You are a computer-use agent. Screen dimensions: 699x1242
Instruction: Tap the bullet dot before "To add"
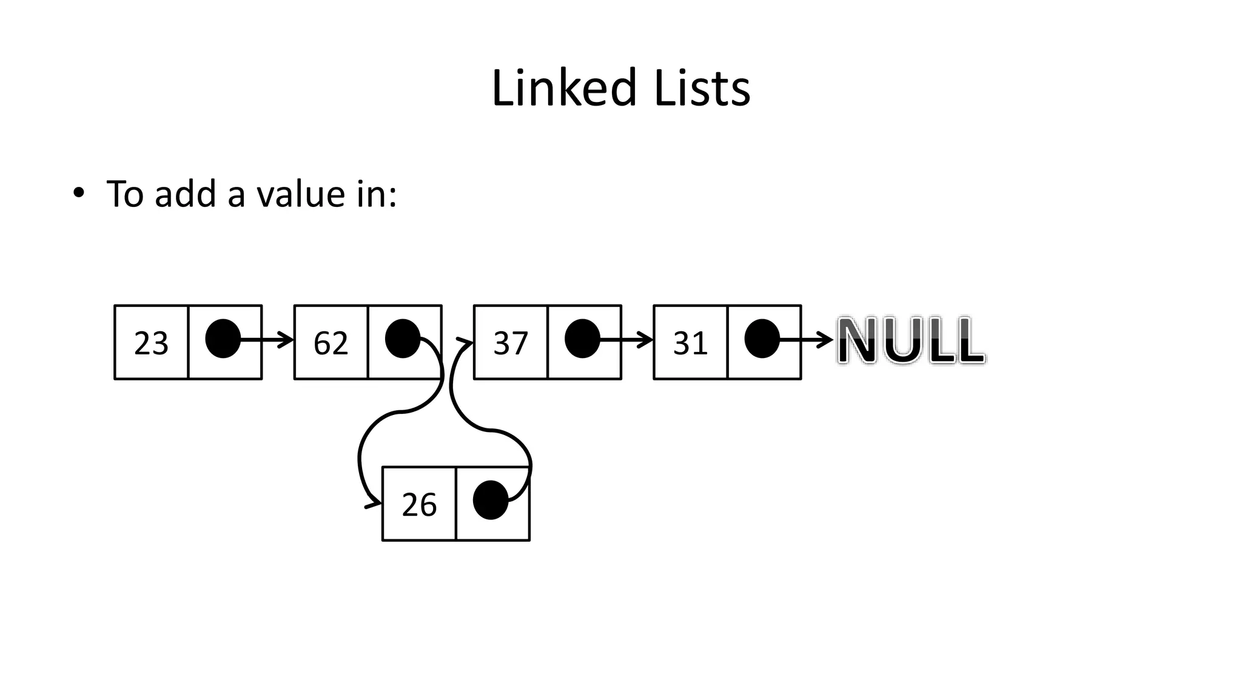78,194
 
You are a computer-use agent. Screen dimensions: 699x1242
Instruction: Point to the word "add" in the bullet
185,194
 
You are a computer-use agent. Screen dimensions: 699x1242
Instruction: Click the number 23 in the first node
151,343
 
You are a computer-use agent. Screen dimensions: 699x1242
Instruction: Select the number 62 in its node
331,343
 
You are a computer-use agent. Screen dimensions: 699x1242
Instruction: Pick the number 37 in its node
511,343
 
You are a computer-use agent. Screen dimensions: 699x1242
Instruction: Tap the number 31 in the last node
690,343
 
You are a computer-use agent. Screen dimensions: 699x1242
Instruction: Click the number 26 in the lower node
419,505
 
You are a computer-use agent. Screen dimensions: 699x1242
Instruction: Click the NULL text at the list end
911,341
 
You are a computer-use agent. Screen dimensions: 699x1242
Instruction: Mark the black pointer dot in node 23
223,339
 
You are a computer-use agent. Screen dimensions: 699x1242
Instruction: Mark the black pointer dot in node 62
402,339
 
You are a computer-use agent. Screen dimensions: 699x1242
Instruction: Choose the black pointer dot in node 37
582,339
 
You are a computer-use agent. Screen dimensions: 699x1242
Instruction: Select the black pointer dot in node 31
762,339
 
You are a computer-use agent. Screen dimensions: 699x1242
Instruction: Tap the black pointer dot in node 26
490,500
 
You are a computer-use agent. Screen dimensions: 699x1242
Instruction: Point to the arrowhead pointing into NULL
826,340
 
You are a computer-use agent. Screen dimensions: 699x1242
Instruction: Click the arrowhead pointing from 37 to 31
646,340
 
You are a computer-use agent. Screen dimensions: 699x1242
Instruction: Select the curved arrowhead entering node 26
374,504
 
